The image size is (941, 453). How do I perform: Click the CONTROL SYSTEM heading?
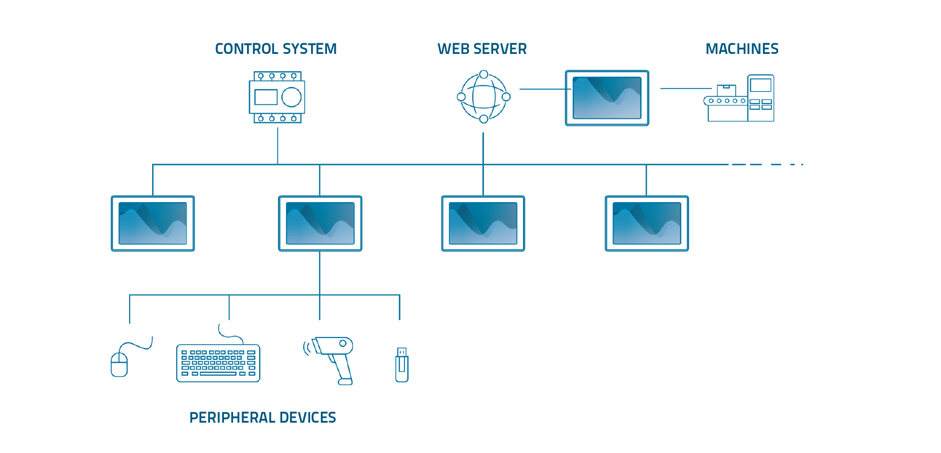tap(275, 49)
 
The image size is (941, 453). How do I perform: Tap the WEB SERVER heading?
tap(482, 49)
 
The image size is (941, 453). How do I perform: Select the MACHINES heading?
tap(742, 49)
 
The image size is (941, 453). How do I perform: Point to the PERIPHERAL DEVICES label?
tap(262, 417)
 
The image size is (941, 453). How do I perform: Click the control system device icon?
tap(277, 97)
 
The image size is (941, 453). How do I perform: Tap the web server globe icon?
tap(484, 97)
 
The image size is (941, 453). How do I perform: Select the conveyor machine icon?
tap(739, 99)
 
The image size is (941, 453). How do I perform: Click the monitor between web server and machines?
tap(607, 98)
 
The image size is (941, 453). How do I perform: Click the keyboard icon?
tap(218, 363)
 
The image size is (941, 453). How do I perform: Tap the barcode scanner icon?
tap(333, 359)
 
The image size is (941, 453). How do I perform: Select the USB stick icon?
tap(402, 365)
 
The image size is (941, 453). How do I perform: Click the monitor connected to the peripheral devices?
tap(320, 223)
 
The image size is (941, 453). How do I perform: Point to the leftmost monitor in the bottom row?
tap(153, 223)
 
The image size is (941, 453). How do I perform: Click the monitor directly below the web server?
tap(483, 223)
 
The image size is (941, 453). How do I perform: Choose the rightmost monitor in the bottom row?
tap(647, 223)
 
